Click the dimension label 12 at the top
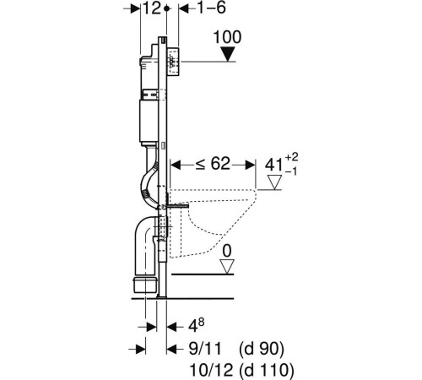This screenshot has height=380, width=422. pos(152,8)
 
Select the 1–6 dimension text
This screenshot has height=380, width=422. pos(212,8)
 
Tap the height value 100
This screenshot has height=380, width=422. pos(227,37)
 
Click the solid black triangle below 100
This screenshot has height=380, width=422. pos(227,54)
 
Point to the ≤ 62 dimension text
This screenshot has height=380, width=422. pos(213,164)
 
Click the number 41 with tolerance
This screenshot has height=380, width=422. pos(273,166)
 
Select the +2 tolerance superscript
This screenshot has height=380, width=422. pos(292,157)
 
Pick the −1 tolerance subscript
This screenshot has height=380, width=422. pos(291,171)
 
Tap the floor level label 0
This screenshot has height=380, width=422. pos(227,251)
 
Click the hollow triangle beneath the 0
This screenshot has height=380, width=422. pos(227,267)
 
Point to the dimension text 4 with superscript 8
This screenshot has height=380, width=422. pos(196,326)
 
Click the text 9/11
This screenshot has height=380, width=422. pos(205,349)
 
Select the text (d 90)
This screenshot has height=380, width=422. pos(262,350)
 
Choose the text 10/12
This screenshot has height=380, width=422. pos(211,370)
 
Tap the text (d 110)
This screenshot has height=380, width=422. pos(267,371)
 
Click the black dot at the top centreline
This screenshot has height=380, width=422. pos(167,8)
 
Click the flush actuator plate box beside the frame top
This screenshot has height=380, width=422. pos(174,62)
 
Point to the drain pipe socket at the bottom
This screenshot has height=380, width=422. pos(145,285)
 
